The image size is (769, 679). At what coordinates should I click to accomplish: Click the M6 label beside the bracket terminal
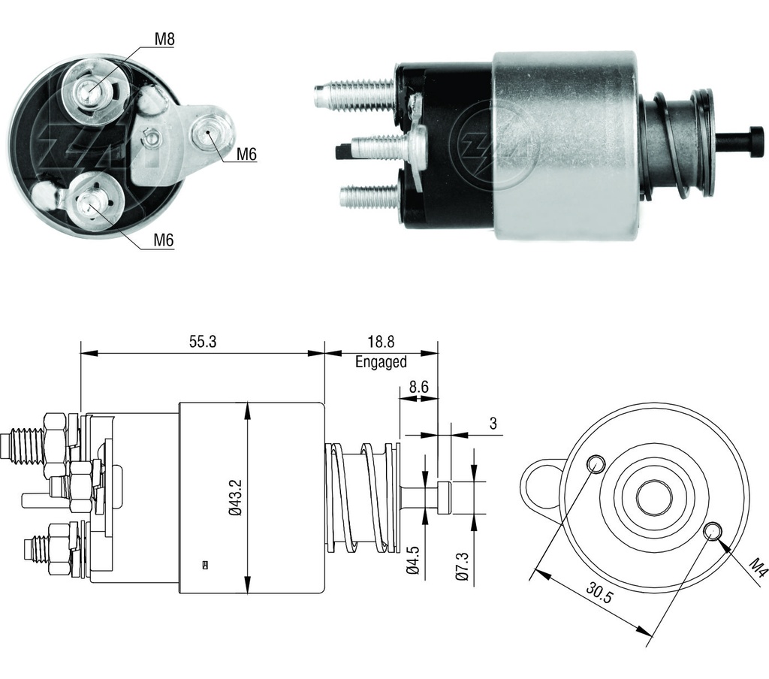pyautogui.click(x=246, y=155)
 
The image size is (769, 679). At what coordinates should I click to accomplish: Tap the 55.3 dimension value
pyautogui.click(x=202, y=342)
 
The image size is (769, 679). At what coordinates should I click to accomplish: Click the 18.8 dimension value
pyautogui.click(x=381, y=342)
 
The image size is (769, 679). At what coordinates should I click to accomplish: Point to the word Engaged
pyautogui.click(x=381, y=362)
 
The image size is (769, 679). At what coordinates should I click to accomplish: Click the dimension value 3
pyautogui.click(x=493, y=424)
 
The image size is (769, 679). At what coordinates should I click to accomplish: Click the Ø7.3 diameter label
pyautogui.click(x=462, y=563)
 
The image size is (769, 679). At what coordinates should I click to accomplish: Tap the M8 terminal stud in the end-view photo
pyautogui.click(x=90, y=92)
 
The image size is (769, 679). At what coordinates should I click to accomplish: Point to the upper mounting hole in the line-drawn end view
pyautogui.click(x=596, y=463)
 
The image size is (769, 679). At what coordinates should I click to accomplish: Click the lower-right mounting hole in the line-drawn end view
pyautogui.click(x=713, y=532)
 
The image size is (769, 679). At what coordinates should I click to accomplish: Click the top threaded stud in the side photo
pyautogui.click(x=353, y=95)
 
